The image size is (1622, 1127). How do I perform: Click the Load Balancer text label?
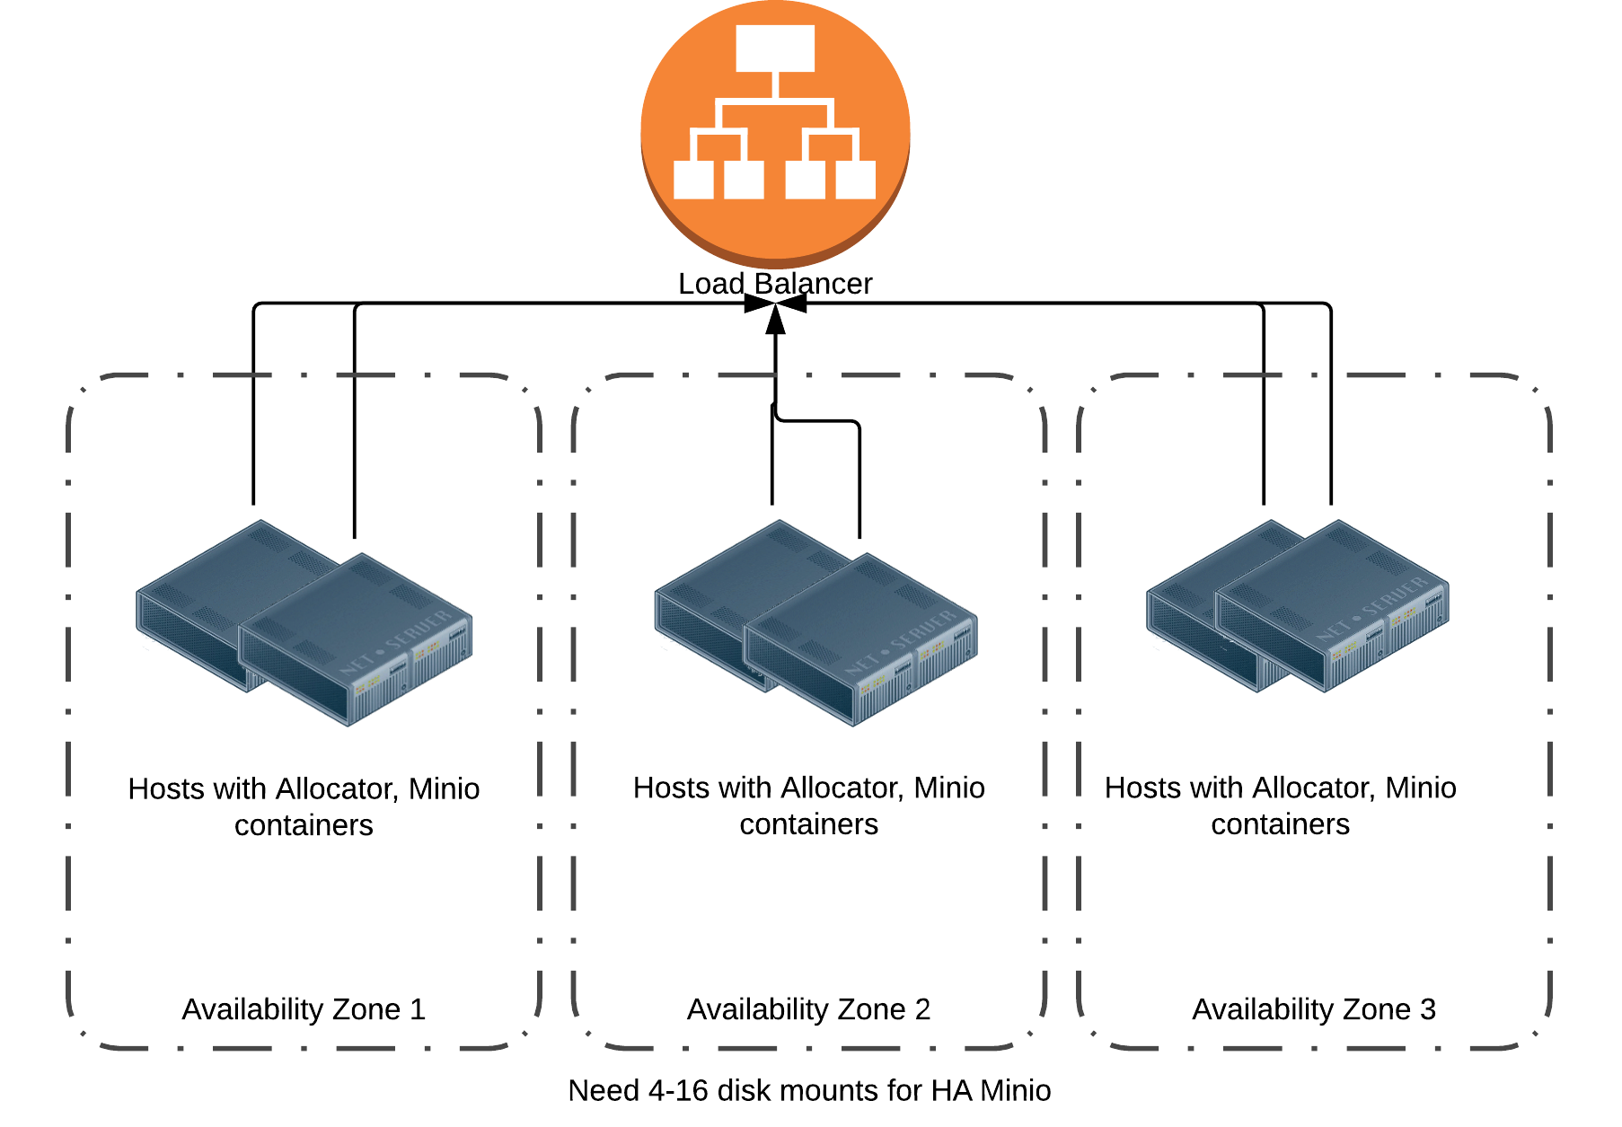coord(775,284)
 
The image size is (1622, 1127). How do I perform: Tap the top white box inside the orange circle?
coord(775,48)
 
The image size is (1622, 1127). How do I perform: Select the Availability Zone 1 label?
coord(304,1009)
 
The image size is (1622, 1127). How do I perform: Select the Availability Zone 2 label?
coord(808,1009)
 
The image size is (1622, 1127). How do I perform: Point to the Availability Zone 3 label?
coord(1313,1009)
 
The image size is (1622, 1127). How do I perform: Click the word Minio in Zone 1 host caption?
coord(444,788)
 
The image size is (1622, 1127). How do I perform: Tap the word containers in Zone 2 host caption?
coord(808,824)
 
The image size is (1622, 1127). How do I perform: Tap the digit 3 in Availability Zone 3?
coord(1428,1009)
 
